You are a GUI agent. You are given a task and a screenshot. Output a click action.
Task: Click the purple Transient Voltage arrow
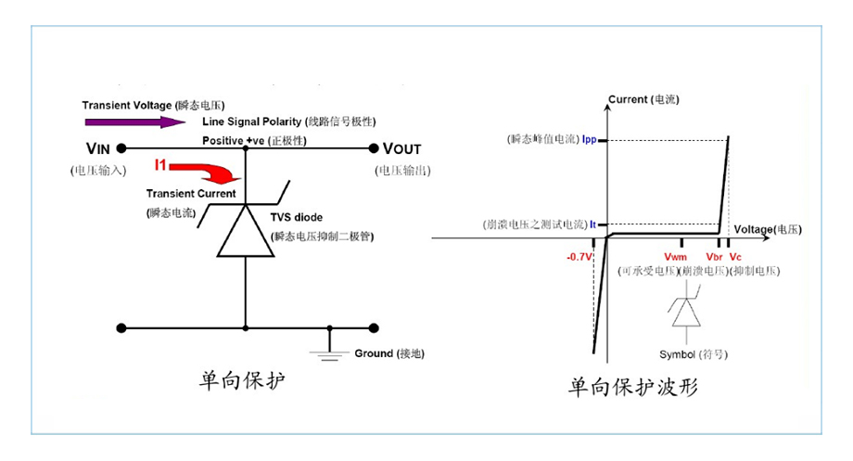coord(135,122)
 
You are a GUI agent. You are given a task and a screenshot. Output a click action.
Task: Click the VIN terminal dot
coord(121,148)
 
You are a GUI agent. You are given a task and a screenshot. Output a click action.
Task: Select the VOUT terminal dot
coord(373,148)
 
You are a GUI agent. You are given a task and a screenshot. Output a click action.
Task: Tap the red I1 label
coord(159,164)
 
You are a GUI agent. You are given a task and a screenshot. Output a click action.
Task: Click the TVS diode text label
coord(297,217)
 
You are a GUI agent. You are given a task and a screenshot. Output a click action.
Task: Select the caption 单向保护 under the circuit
coord(242,380)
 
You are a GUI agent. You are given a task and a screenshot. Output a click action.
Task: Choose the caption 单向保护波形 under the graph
coord(632,387)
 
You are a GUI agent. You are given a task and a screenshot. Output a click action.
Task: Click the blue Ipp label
coord(589,139)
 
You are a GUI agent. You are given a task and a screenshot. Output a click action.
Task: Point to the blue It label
coord(593,224)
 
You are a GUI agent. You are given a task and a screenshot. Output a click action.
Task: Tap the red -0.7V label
coord(579,257)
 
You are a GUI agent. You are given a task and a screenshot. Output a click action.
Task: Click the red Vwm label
coord(676,257)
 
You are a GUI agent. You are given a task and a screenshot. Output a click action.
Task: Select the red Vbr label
coord(714,257)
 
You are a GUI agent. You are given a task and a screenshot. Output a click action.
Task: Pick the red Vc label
coord(735,257)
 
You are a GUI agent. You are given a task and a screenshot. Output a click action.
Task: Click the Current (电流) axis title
coord(643,99)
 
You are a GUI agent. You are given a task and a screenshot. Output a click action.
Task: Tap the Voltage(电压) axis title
coord(768,229)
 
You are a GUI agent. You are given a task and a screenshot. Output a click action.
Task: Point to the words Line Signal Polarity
coord(252,122)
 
